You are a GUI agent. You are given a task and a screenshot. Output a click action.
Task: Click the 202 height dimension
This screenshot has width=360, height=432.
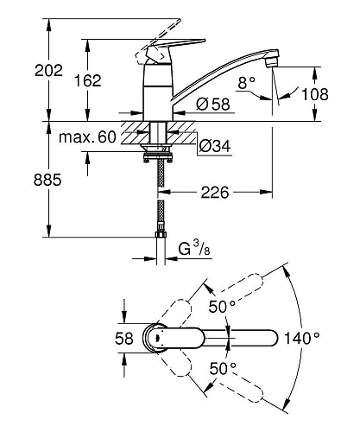point(48,71)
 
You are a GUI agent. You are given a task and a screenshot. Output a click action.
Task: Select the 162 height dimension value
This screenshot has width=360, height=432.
point(88,80)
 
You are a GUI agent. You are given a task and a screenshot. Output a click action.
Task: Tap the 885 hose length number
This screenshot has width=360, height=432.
point(47,180)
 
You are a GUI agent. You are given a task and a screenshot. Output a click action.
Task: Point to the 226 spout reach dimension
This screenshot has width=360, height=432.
point(215,192)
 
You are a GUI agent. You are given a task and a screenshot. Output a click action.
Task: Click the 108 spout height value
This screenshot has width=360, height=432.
point(315,94)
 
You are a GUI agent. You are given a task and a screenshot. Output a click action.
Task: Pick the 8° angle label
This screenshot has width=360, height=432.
point(247,83)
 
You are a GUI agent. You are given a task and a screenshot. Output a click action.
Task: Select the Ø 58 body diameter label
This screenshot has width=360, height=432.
point(213,104)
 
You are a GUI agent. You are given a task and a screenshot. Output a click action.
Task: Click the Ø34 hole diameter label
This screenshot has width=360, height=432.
point(215,146)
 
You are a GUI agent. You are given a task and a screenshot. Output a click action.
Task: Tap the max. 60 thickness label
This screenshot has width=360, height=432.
point(87,137)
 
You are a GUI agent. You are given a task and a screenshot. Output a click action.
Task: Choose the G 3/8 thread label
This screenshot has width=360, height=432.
point(194,249)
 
